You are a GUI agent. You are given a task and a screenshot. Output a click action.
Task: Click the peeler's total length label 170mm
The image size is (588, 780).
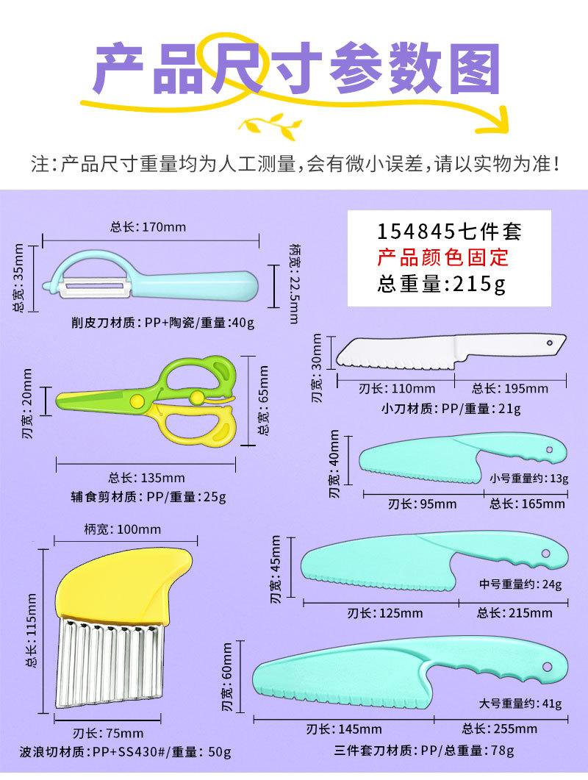click(x=148, y=226)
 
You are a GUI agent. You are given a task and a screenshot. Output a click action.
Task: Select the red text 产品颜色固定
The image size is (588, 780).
click(x=442, y=258)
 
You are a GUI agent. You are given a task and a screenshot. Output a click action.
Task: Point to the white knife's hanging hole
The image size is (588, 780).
click(x=548, y=342)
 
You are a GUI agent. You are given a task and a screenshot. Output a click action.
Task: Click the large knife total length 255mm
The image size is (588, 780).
click(x=506, y=729)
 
